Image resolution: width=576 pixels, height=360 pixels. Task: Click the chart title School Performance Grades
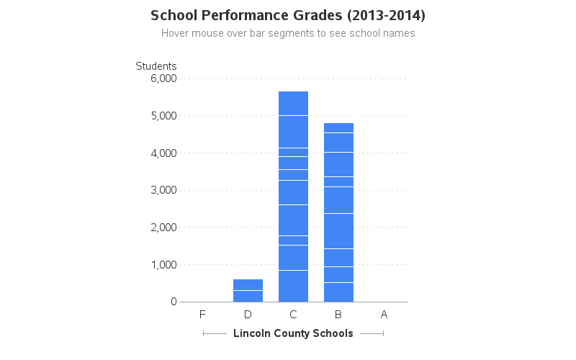click(288, 15)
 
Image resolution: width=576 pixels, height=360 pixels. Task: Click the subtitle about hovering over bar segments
click(288, 33)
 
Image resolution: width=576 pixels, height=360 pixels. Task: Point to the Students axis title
click(156, 66)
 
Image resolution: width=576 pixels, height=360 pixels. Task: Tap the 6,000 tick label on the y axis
click(163, 78)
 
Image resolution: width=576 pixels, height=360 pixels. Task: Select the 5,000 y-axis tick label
click(163, 116)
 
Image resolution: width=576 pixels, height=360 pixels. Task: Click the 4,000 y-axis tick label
click(163, 153)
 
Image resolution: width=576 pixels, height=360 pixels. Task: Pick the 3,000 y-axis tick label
click(163, 190)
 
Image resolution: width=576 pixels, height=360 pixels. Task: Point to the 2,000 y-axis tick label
click(163, 228)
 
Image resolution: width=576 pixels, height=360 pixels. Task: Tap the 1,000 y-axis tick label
click(163, 265)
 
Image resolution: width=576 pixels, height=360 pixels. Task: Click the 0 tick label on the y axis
click(174, 302)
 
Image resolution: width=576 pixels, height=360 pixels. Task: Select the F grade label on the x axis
click(202, 315)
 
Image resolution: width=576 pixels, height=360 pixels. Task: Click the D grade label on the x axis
click(248, 315)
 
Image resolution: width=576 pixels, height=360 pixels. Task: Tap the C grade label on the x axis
click(293, 315)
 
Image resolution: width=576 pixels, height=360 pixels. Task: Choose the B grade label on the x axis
click(338, 315)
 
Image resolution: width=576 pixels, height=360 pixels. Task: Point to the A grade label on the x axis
click(384, 315)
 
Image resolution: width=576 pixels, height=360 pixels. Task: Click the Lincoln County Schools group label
click(293, 333)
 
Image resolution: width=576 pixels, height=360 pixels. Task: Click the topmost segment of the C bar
click(293, 103)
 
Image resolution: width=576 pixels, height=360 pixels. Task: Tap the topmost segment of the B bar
click(338, 127)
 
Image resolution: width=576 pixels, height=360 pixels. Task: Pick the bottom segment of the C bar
click(293, 286)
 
